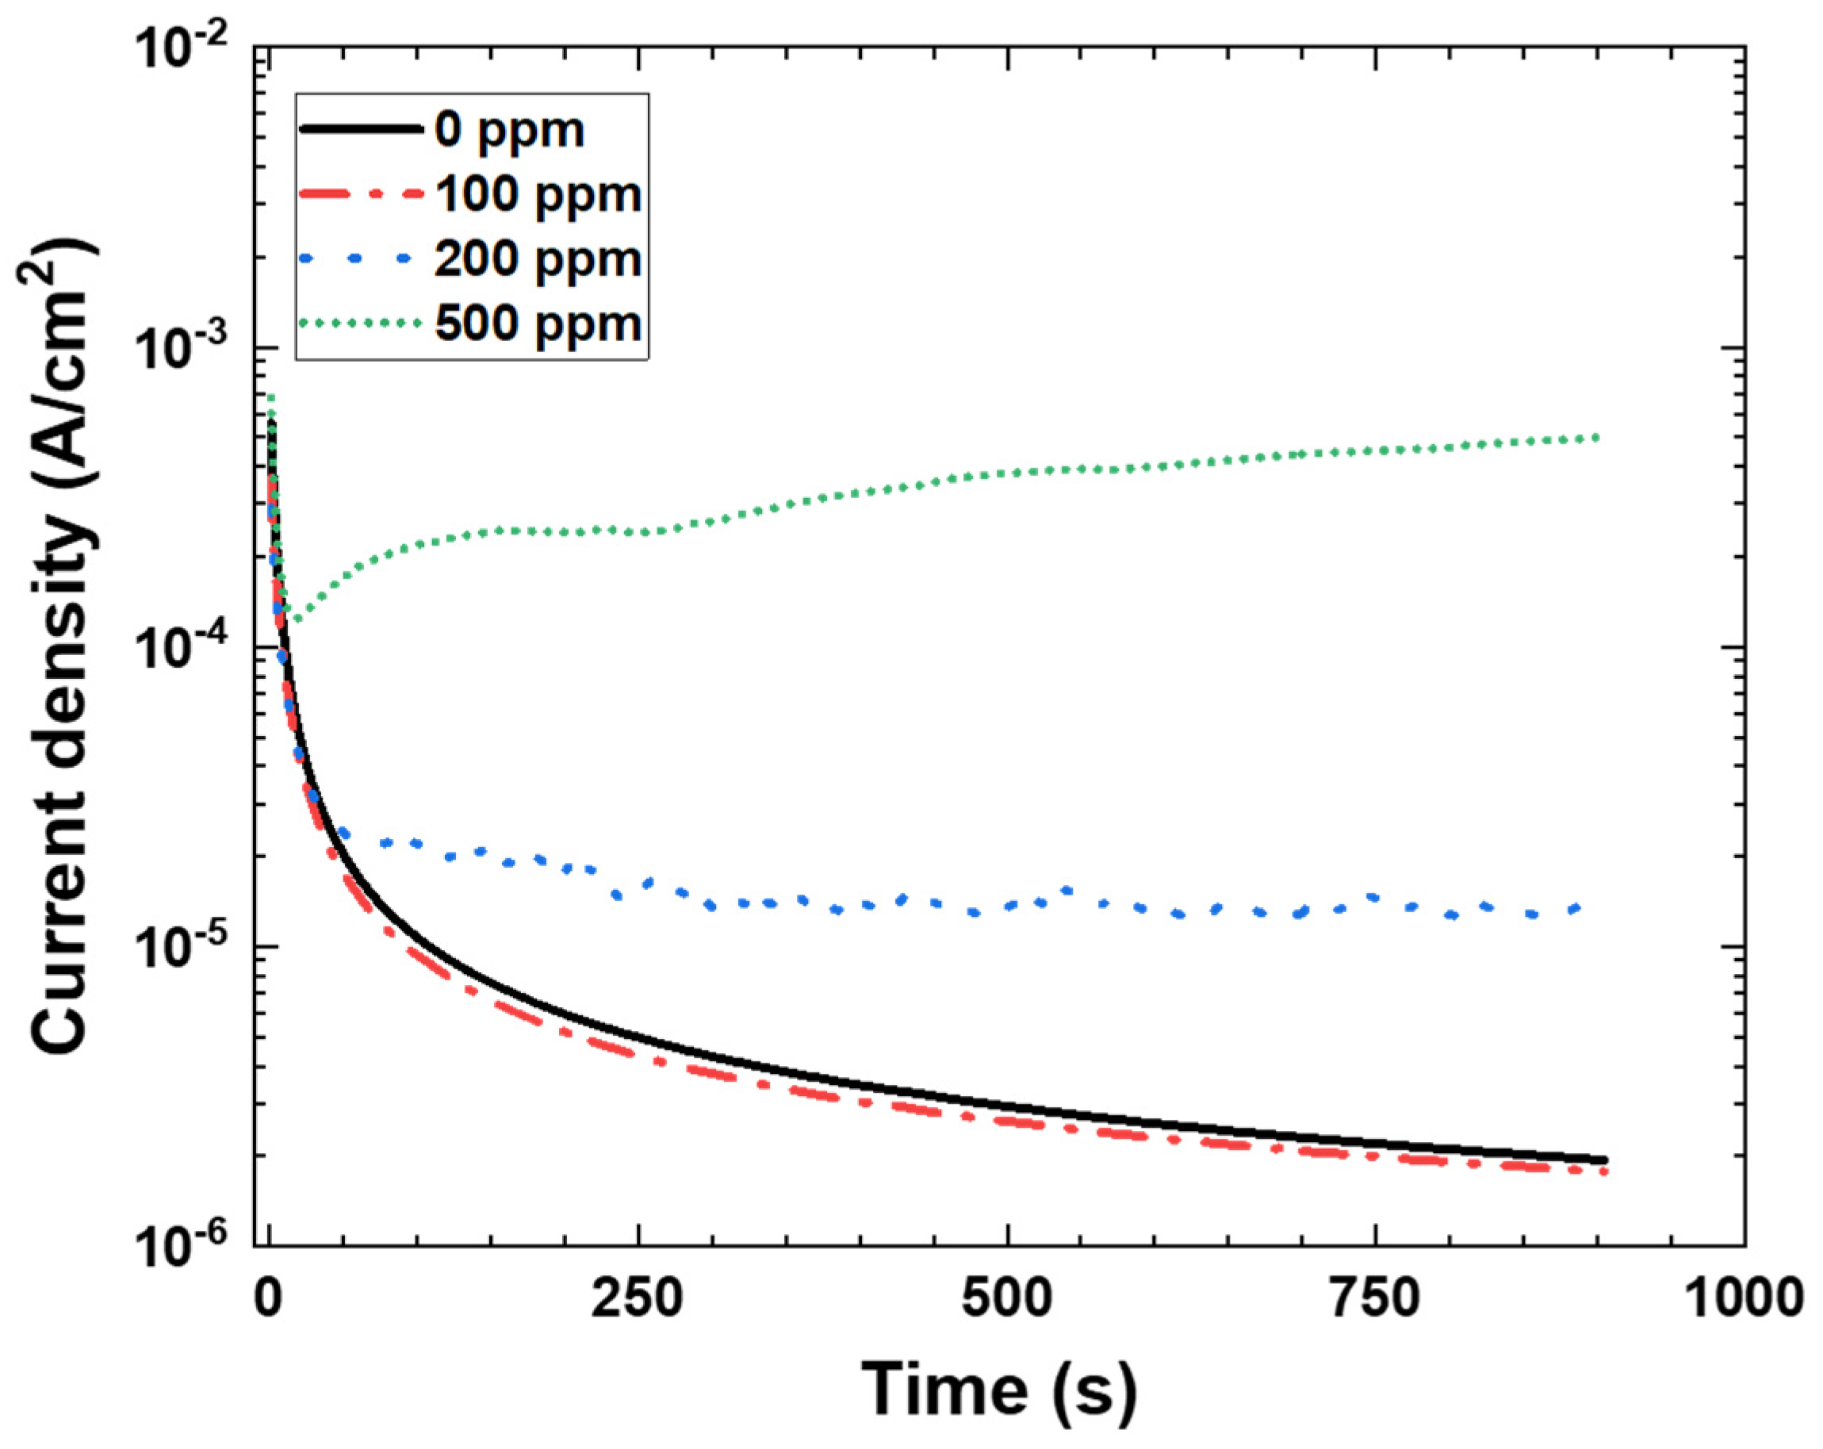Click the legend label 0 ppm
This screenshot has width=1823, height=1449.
point(509,131)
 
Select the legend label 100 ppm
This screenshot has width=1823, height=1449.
point(538,194)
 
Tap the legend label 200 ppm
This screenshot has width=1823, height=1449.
point(538,259)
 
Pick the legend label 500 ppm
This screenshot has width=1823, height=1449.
point(538,323)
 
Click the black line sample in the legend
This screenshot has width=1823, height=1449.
point(360,129)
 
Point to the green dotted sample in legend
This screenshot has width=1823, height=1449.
point(360,322)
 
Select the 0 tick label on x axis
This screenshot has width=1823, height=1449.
point(268,1298)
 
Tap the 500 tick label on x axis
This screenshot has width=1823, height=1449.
point(1007,1298)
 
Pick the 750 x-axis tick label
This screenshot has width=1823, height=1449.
point(1376,1298)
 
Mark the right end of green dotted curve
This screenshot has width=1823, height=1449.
point(1595,437)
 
